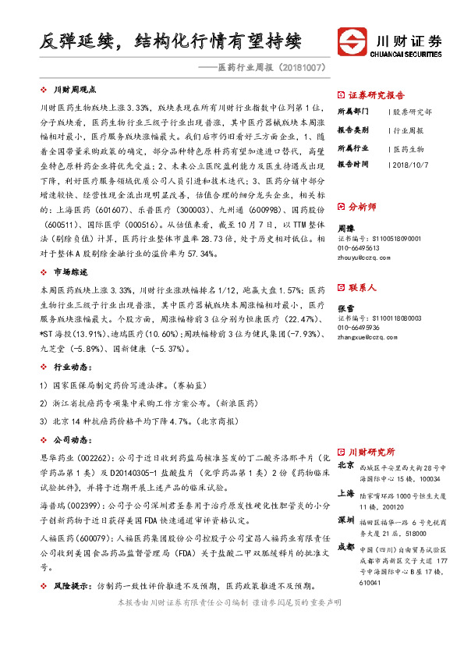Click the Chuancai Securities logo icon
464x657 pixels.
click(349, 41)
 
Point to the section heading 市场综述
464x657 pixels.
click(69, 272)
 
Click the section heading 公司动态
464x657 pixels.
click(69, 439)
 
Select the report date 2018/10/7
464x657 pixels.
click(410, 165)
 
